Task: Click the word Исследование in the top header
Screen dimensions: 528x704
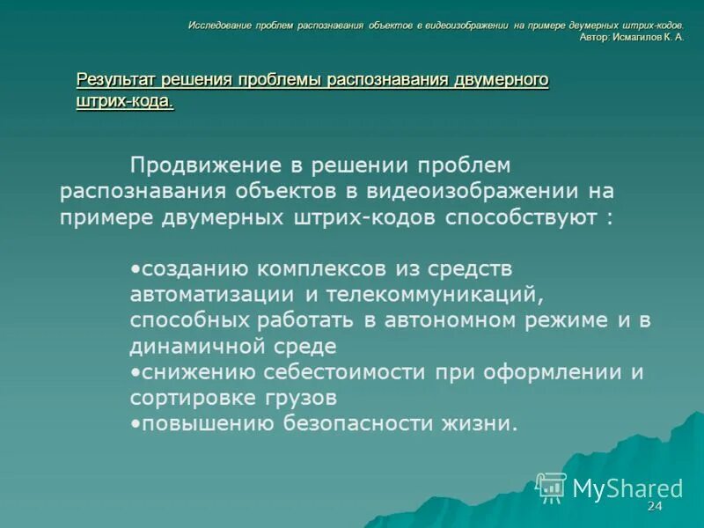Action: click(219, 26)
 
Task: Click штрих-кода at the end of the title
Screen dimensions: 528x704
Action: click(124, 101)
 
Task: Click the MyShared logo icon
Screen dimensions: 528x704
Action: click(552, 488)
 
